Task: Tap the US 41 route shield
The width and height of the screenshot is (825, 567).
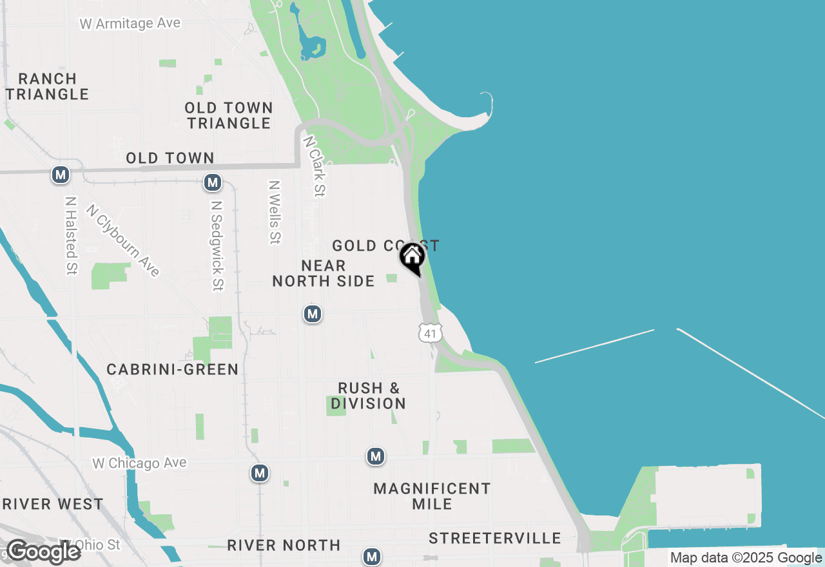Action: tap(430, 332)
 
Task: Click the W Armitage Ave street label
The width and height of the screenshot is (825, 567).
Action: tap(130, 24)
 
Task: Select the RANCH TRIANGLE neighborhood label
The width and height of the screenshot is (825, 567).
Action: tap(48, 86)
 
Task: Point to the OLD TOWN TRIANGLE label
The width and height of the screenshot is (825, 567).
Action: tap(229, 115)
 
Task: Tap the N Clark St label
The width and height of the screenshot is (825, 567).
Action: tap(315, 165)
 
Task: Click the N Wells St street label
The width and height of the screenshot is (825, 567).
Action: tap(275, 212)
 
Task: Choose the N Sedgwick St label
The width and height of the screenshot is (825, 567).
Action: tap(217, 245)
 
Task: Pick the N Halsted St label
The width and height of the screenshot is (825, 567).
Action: tap(71, 236)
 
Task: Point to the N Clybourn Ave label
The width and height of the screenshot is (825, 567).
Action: tap(122, 240)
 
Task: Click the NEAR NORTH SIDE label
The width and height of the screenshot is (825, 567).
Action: tap(324, 273)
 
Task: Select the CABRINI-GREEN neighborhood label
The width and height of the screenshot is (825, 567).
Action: tap(173, 369)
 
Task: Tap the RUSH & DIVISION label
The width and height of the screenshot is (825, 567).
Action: tap(369, 396)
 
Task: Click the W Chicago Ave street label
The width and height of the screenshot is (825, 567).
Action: tap(139, 463)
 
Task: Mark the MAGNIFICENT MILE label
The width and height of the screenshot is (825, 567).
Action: tap(432, 496)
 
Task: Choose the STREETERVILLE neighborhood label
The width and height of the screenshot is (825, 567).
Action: tap(495, 538)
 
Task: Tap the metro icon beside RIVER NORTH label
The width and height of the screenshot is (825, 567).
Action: tap(371, 556)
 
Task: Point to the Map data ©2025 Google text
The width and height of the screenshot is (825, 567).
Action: tap(746, 558)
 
